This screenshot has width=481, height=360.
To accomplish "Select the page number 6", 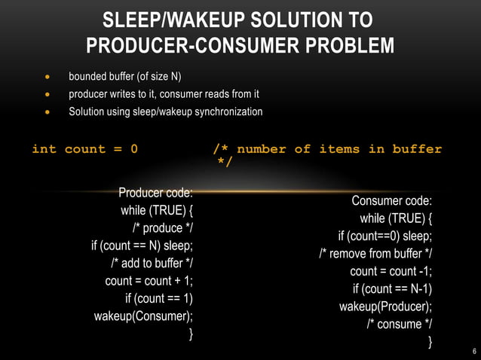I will click(473, 351).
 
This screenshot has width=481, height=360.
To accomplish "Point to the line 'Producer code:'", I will click(155, 193).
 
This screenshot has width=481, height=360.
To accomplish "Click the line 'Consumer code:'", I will click(391, 201).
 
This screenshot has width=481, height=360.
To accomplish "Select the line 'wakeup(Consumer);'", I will click(143, 316).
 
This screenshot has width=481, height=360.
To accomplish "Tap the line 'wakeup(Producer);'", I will click(385, 307).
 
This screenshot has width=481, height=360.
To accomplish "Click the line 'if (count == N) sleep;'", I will click(142, 246).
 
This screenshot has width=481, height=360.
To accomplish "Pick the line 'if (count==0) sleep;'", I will click(385, 236).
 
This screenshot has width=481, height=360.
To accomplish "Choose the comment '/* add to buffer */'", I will click(152, 263).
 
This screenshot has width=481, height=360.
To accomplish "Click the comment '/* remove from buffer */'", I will click(375, 253).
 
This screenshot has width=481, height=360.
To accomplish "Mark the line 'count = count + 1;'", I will click(149, 281).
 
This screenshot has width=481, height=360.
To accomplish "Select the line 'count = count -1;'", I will click(391, 271).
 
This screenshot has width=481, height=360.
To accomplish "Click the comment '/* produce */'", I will click(163, 228).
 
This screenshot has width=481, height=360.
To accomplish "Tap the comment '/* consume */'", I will click(400, 324).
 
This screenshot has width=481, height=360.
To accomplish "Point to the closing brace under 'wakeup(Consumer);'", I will click(191, 333).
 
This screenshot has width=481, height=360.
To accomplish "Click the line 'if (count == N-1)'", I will click(393, 289).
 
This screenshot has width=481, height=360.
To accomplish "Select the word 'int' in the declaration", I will click(44, 149).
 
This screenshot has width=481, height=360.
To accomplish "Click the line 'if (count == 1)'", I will click(159, 298).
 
